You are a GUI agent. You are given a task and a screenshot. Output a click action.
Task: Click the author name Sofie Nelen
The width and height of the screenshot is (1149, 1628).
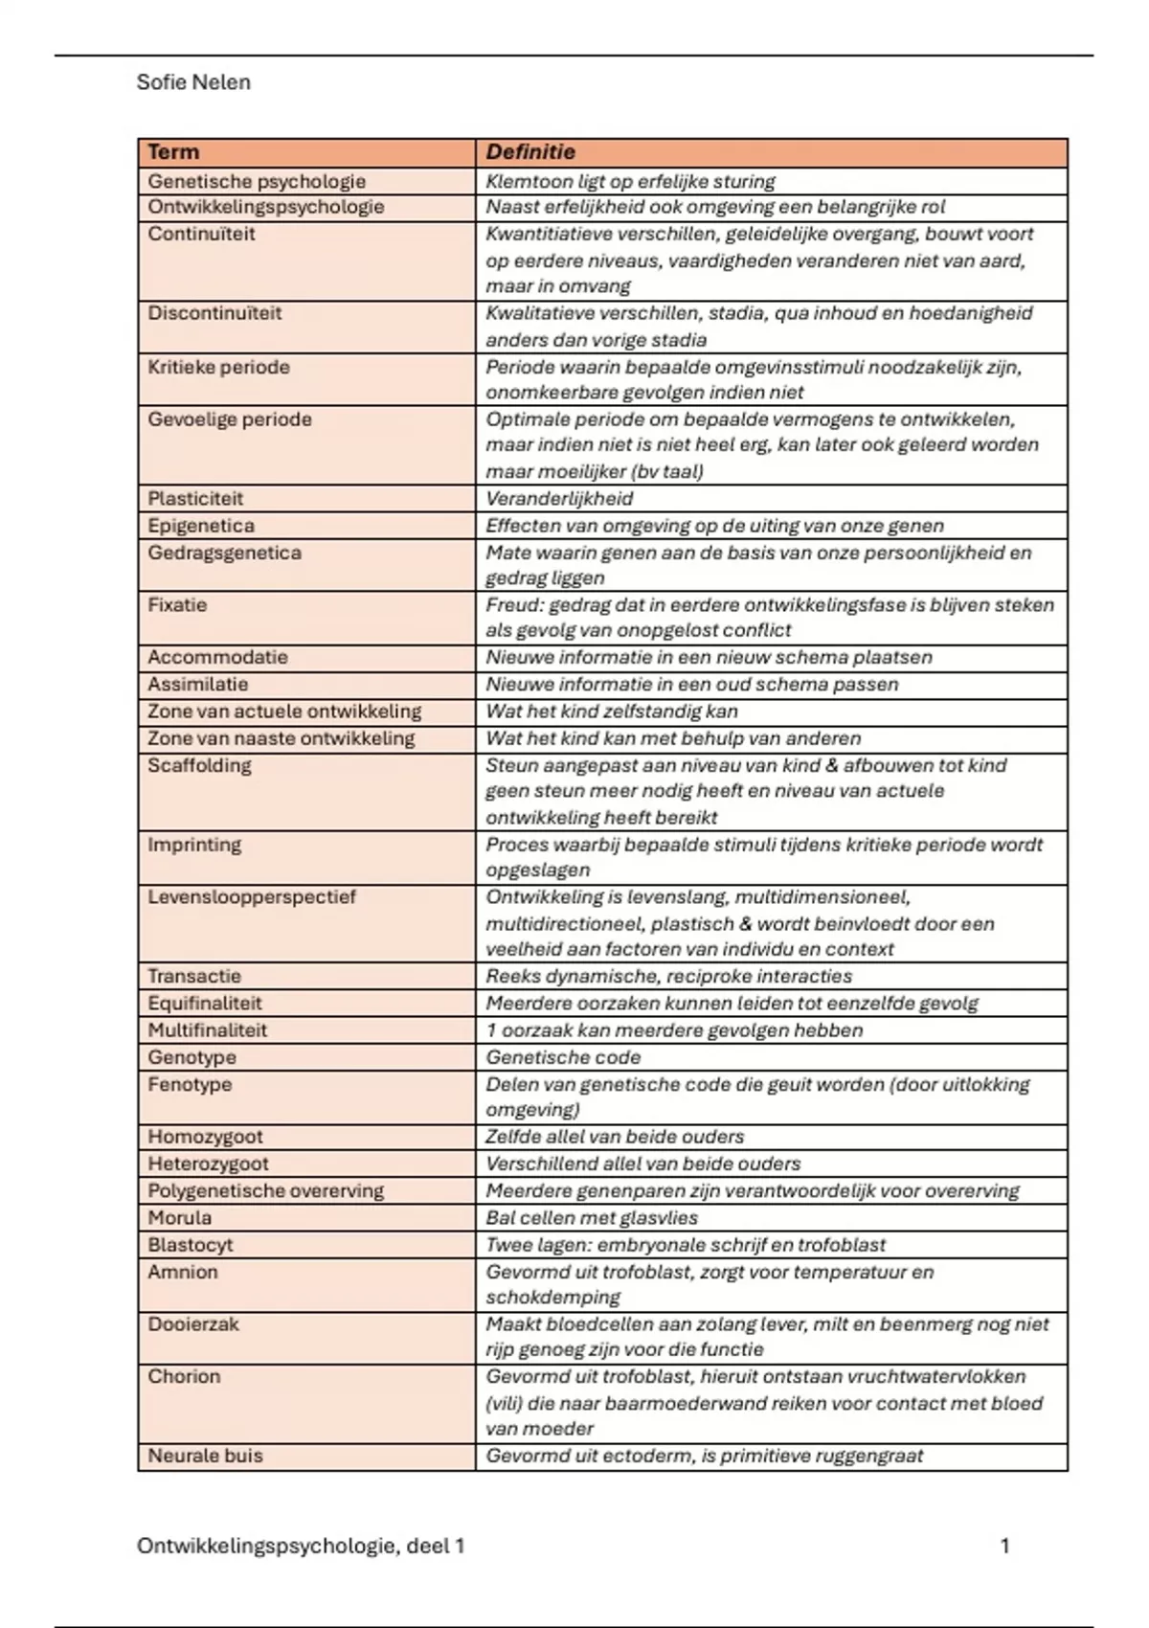pos(193,82)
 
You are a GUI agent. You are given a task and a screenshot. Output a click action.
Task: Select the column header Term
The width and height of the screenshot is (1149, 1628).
pos(173,152)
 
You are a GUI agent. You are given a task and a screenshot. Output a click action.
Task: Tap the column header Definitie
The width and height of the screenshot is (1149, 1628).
pos(530,152)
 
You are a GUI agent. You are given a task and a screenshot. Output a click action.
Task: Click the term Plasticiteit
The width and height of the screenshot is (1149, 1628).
pos(195,499)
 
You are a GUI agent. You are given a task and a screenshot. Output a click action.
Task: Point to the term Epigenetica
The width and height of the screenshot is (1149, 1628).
pos(201,526)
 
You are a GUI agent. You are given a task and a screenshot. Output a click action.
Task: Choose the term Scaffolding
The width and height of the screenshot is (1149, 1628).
pos(199,765)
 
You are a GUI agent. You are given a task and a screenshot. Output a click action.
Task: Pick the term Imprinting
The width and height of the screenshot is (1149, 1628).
pos(194,845)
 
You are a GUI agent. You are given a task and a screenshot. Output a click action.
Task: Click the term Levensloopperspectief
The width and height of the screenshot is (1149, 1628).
pos(252,897)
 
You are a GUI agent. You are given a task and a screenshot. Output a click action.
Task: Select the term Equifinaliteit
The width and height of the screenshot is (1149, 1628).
pos(205,1004)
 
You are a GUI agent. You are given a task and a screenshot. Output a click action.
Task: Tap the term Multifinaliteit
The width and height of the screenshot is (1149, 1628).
pos(208,1030)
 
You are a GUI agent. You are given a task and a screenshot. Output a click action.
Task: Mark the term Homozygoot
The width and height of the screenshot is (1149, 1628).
pos(205,1137)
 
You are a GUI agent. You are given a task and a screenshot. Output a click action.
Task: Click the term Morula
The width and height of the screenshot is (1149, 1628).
pos(180,1218)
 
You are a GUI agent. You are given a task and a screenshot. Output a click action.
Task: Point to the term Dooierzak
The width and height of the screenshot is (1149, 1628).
pos(193,1324)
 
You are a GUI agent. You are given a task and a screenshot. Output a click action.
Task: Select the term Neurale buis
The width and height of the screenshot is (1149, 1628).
pos(205,1456)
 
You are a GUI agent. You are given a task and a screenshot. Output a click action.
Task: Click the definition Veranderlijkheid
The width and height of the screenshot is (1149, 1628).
pos(559,499)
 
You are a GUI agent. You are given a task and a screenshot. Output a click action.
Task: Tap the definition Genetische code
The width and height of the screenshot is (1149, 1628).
pos(563,1057)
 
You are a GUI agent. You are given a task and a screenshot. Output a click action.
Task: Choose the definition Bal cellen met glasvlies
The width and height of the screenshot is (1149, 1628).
pos(592,1218)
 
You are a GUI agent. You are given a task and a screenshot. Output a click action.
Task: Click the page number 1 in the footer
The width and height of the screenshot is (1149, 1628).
pos(1004,1546)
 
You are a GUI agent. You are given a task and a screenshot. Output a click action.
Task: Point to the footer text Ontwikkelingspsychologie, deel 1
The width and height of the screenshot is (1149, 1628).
pos(301,1546)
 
